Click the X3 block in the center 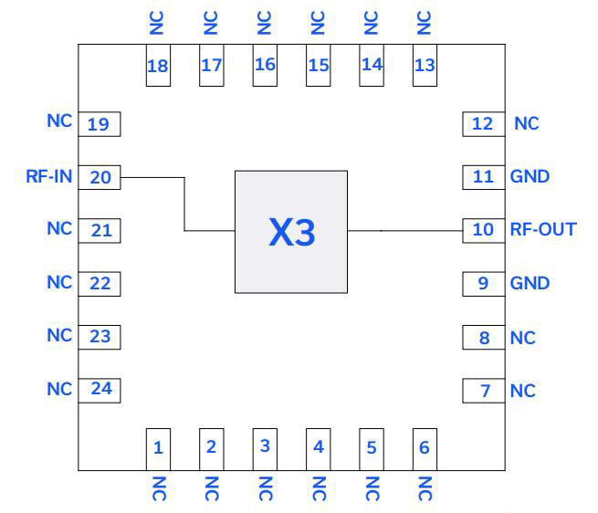tap(290, 232)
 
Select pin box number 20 tap(100, 177)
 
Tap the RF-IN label tap(48, 176)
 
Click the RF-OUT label tap(543, 229)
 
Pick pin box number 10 tap(482, 230)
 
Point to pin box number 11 tap(482, 176)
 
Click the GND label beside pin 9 tap(530, 283)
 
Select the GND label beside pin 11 tap(530, 176)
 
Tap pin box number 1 tap(158, 447)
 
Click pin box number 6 tap(425, 447)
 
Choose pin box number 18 tap(158, 66)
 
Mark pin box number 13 tap(425, 66)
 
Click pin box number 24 tap(100, 390)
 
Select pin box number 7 tap(483, 391)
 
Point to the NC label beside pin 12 tap(527, 123)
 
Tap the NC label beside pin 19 tap(59, 121)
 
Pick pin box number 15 tap(318, 66)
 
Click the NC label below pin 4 tap(319, 488)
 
